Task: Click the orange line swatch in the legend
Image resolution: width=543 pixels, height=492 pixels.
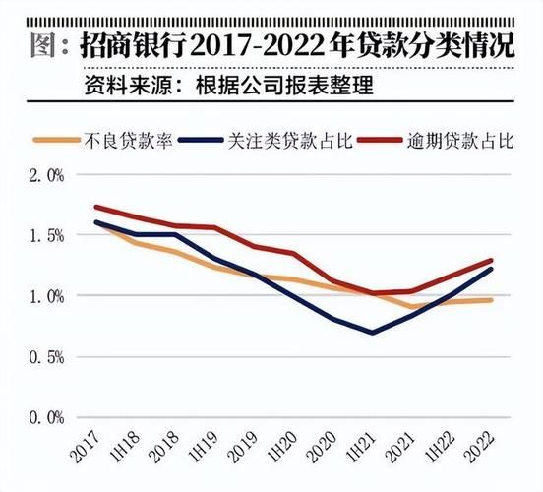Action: pyautogui.click(x=57, y=140)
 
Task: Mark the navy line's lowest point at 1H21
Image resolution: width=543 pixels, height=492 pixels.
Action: pyautogui.click(x=373, y=333)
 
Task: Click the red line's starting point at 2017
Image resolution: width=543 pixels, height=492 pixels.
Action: pyautogui.click(x=96, y=207)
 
